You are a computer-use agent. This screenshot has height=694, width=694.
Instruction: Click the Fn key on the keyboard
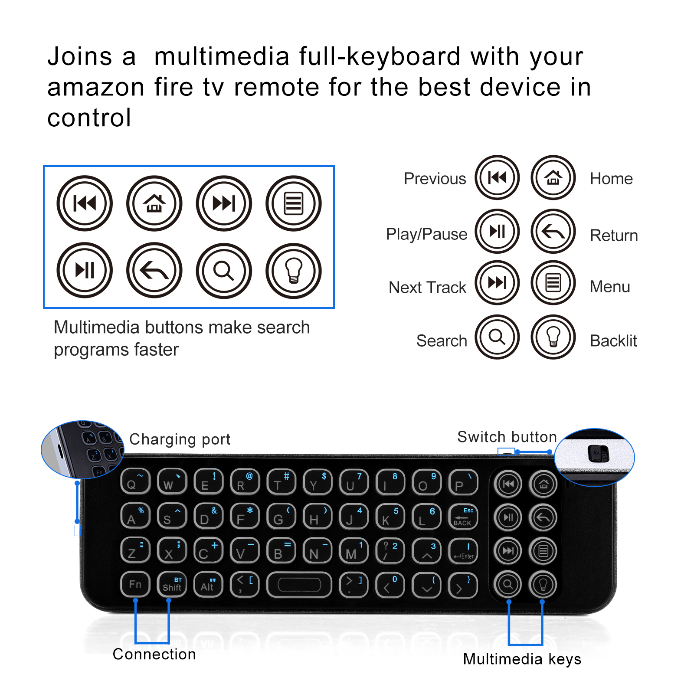point(135,584)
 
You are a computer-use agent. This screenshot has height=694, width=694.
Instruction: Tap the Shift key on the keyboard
point(172,584)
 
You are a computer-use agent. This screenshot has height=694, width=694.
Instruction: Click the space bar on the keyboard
point(299,584)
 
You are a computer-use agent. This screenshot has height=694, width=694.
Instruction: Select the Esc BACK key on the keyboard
point(463,517)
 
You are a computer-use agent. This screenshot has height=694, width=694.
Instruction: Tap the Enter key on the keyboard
point(463,551)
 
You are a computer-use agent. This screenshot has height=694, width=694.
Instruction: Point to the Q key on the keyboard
point(135,481)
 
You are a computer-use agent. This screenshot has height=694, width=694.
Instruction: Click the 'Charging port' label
point(180,439)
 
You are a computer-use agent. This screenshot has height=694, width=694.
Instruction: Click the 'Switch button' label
point(507,437)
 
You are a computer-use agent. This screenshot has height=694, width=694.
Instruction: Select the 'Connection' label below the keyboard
point(154,654)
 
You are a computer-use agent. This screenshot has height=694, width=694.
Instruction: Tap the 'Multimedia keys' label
point(522,659)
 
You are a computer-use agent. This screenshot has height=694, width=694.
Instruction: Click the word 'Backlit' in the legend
point(613,341)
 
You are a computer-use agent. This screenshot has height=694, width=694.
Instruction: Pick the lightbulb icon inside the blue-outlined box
point(293,271)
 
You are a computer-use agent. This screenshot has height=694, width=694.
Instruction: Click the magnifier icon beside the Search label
point(497,337)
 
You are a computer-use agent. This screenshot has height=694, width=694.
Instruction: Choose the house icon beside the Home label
point(553,177)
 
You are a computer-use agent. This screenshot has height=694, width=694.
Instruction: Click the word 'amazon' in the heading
point(95,87)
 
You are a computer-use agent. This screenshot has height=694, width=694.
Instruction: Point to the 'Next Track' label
point(427,287)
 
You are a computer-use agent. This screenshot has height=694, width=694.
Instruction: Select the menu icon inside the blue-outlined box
point(293,203)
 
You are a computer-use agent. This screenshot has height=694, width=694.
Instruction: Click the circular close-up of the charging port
point(82,449)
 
